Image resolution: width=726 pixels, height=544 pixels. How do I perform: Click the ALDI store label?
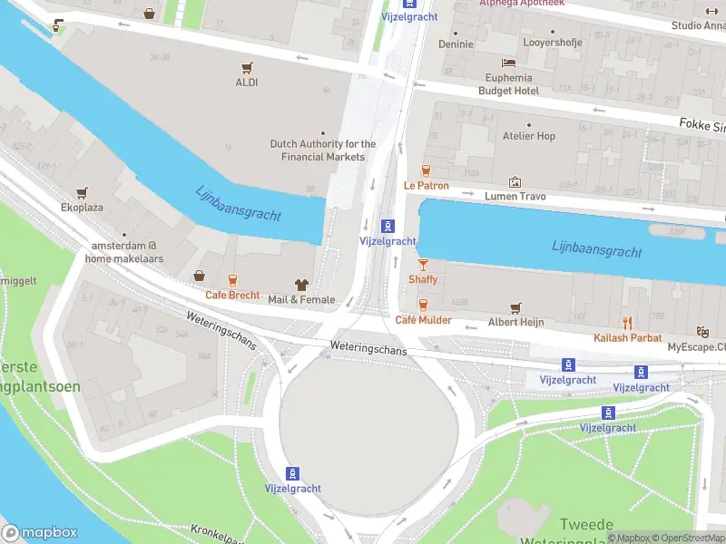(246, 83)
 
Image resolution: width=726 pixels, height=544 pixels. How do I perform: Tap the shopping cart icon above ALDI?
(246, 67)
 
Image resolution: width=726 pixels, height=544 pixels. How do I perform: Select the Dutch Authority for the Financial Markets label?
(323, 151)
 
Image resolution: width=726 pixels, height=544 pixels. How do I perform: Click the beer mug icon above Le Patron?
(426, 170)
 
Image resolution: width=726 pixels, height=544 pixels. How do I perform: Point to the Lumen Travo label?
(515, 197)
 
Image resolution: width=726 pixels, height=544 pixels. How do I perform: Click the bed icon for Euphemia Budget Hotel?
(508, 63)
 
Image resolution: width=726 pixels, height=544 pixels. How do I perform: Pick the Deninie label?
(456, 44)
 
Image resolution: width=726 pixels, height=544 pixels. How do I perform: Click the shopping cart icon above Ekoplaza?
(83, 192)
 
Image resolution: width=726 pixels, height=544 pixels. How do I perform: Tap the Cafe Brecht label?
(232, 295)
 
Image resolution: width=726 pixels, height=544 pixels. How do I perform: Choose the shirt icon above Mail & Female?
(300, 285)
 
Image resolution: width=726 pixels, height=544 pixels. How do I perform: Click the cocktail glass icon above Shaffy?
(422, 264)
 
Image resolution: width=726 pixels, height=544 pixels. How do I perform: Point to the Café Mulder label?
(423, 320)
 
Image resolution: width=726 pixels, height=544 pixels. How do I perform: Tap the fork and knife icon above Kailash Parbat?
(626, 323)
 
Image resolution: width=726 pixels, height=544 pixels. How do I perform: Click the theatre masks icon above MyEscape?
(701, 333)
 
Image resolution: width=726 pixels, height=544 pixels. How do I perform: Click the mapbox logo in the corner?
(40, 532)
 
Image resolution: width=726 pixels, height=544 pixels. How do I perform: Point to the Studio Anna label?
(698, 25)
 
